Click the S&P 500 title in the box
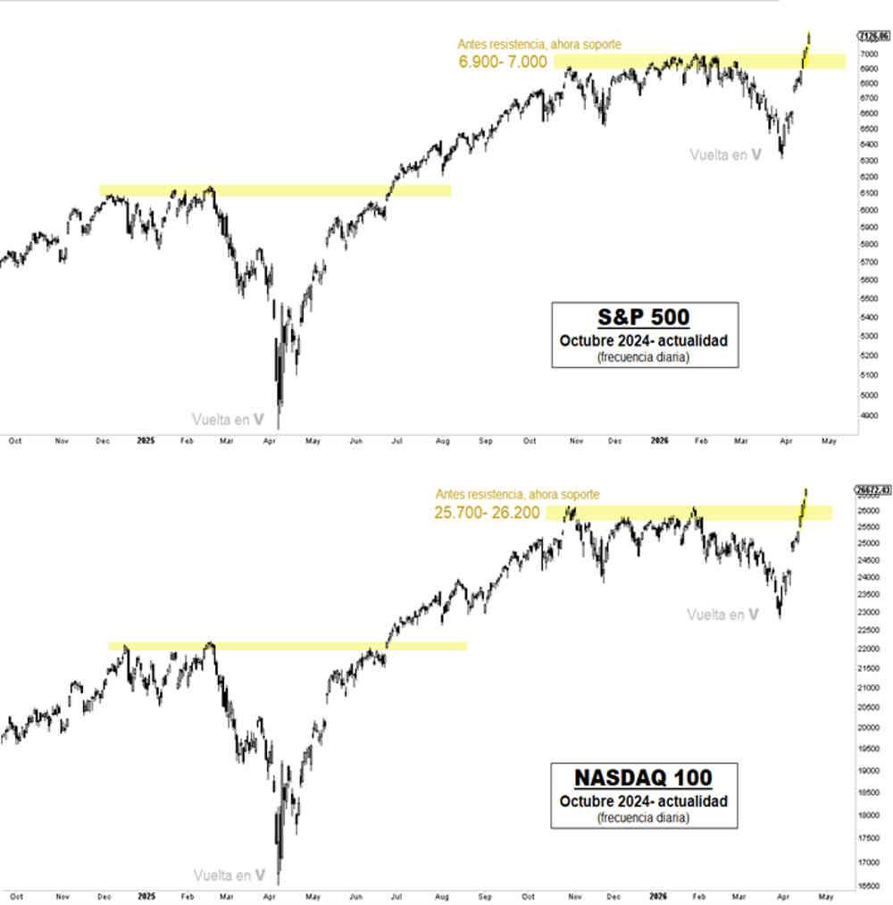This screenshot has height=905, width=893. (x=644, y=318)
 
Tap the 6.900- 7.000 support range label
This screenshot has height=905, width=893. (x=503, y=62)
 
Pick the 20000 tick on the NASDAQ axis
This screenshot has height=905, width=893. (x=867, y=728)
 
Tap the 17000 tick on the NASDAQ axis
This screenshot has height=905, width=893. (x=867, y=863)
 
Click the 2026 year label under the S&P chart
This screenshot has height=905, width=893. (x=659, y=440)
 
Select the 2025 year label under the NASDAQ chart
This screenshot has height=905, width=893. (x=146, y=894)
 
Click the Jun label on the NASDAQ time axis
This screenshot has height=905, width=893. (x=355, y=894)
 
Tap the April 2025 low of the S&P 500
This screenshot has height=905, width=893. (x=280, y=427)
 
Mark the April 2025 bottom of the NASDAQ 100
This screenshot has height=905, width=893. (x=280, y=883)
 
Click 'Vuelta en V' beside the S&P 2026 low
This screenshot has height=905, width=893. (x=725, y=155)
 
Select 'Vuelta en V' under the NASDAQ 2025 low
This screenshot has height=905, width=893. (x=230, y=875)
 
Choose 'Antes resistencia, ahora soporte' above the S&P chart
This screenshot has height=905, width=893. (x=538, y=44)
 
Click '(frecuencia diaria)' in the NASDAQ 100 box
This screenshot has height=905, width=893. (x=644, y=817)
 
